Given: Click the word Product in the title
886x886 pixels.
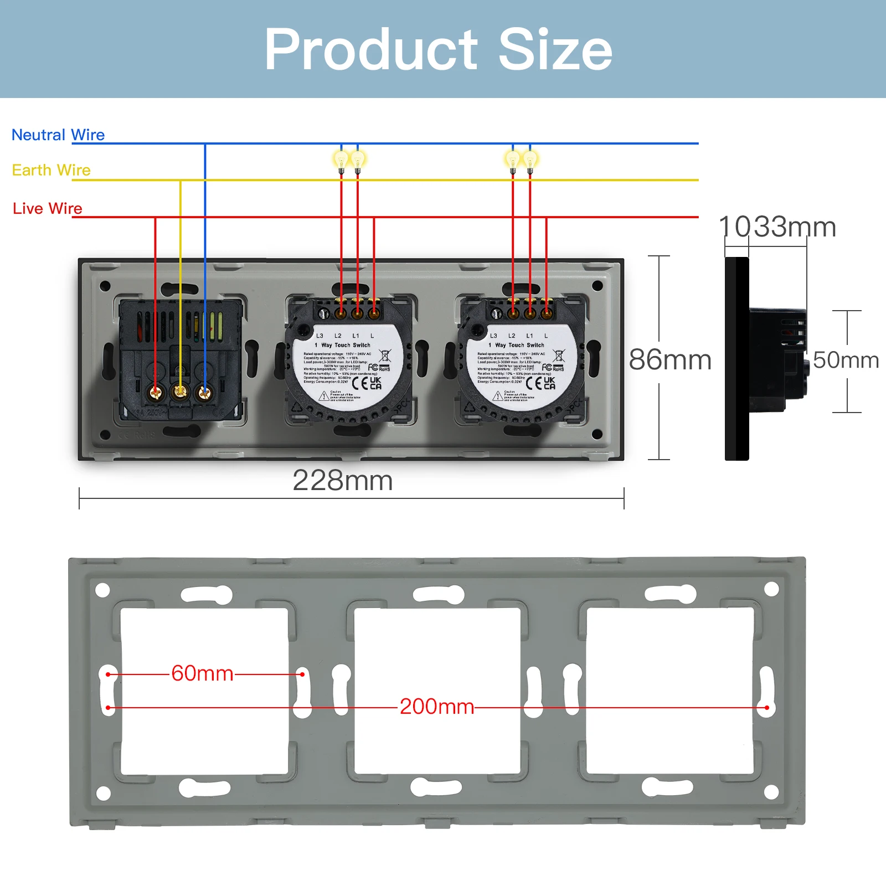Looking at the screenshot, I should [x=371, y=50].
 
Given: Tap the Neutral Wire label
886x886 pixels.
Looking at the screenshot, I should [x=58, y=135].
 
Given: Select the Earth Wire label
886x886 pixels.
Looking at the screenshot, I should [x=51, y=170].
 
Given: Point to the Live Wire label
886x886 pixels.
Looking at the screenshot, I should [x=48, y=208].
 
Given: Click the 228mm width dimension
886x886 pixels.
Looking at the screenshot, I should [x=342, y=480].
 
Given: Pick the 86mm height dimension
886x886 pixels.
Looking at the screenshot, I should [x=670, y=360].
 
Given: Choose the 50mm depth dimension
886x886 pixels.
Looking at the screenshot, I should [x=846, y=360].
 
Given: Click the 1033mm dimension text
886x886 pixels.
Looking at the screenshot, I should [x=777, y=226].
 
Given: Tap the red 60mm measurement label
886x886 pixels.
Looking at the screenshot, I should [x=202, y=673].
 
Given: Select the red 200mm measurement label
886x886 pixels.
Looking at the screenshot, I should [x=437, y=707].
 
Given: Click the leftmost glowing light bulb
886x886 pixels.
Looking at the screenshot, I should [x=341, y=160].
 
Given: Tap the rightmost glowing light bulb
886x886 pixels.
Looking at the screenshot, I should [x=530, y=160].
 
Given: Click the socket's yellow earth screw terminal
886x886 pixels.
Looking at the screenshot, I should [x=180, y=393].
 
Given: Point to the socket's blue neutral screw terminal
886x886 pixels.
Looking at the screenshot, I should [x=205, y=393].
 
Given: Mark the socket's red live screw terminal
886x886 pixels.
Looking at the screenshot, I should [x=156, y=393].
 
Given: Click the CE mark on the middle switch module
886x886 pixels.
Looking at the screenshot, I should [x=360, y=383].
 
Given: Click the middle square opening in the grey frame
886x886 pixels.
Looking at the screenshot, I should [x=437, y=691].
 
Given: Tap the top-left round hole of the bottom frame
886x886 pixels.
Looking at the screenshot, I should [x=102, y=590].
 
